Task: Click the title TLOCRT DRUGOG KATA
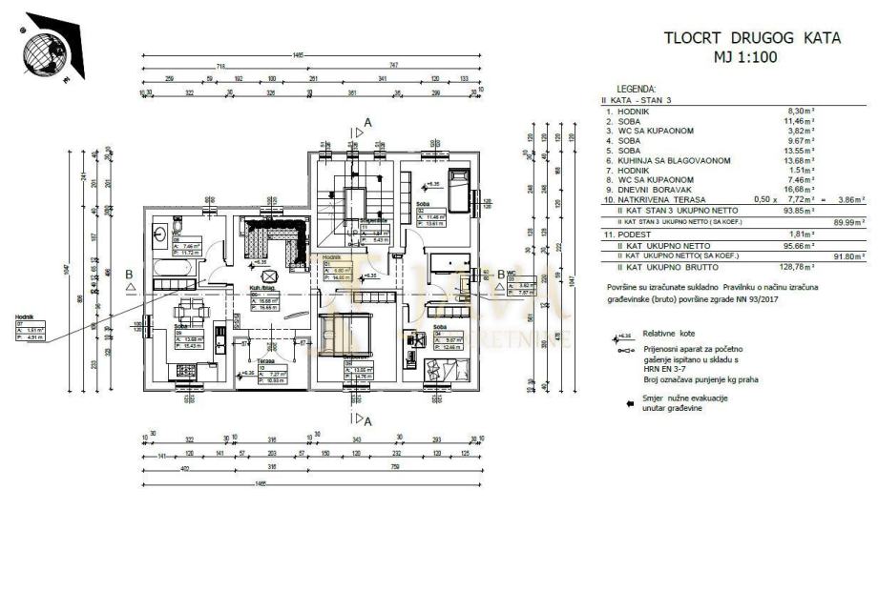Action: click(752, 38)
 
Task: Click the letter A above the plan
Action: click(367, 123)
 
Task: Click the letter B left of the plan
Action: click(129, 274)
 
